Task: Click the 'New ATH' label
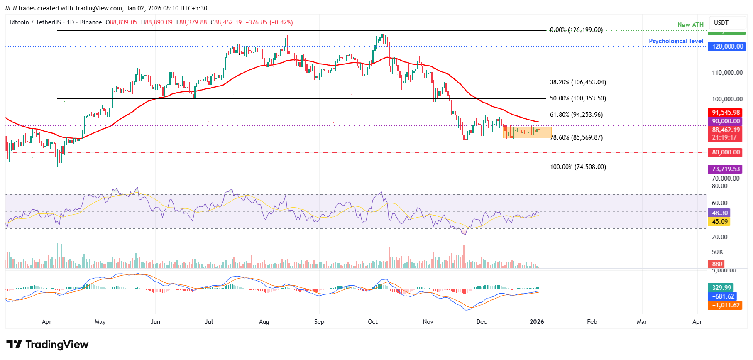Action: pyautogui.click(x=690, y=25)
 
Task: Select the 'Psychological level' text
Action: pyautogui.click(x=676, y=41)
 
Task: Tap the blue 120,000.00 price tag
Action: pyautogui.click(x=727, y=47)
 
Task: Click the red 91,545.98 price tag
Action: pyautogui.click(x=726, y=113)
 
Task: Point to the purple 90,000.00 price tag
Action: pyautogui.click(x=726, y=121)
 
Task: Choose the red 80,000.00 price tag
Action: pyautogui.click(x=726, y=152)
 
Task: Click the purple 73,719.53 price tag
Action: pyautogui.click(x=726, y=169)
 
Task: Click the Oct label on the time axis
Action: pyautogui.click(x=373, y=322)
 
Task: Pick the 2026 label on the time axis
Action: pyautogui.click(x=537, y=322)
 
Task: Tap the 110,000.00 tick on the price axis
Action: pyautogui.click(x=727, y=73)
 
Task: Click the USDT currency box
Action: pyautogui.click(x=721, y=23)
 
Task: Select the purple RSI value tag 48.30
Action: pyautogui.click(x=720, y=213)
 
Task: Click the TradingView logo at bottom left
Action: pyautogui.click(x=47, y=345)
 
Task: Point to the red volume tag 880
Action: pyautogui.click(x=717, y=264)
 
